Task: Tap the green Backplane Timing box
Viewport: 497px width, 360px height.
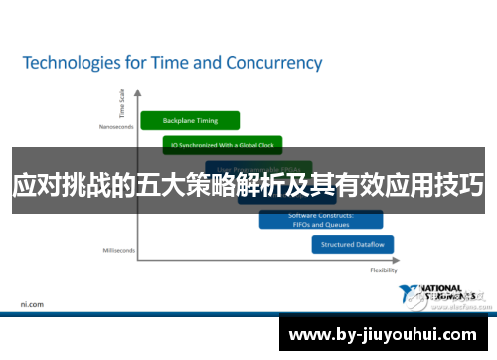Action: point(192,120)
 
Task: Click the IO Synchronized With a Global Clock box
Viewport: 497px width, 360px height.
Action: point(223,145)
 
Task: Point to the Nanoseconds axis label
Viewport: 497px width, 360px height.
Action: point(115,126)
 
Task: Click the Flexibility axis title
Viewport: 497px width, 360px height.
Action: point(384,270)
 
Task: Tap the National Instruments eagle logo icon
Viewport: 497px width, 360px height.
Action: point(410,294)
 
